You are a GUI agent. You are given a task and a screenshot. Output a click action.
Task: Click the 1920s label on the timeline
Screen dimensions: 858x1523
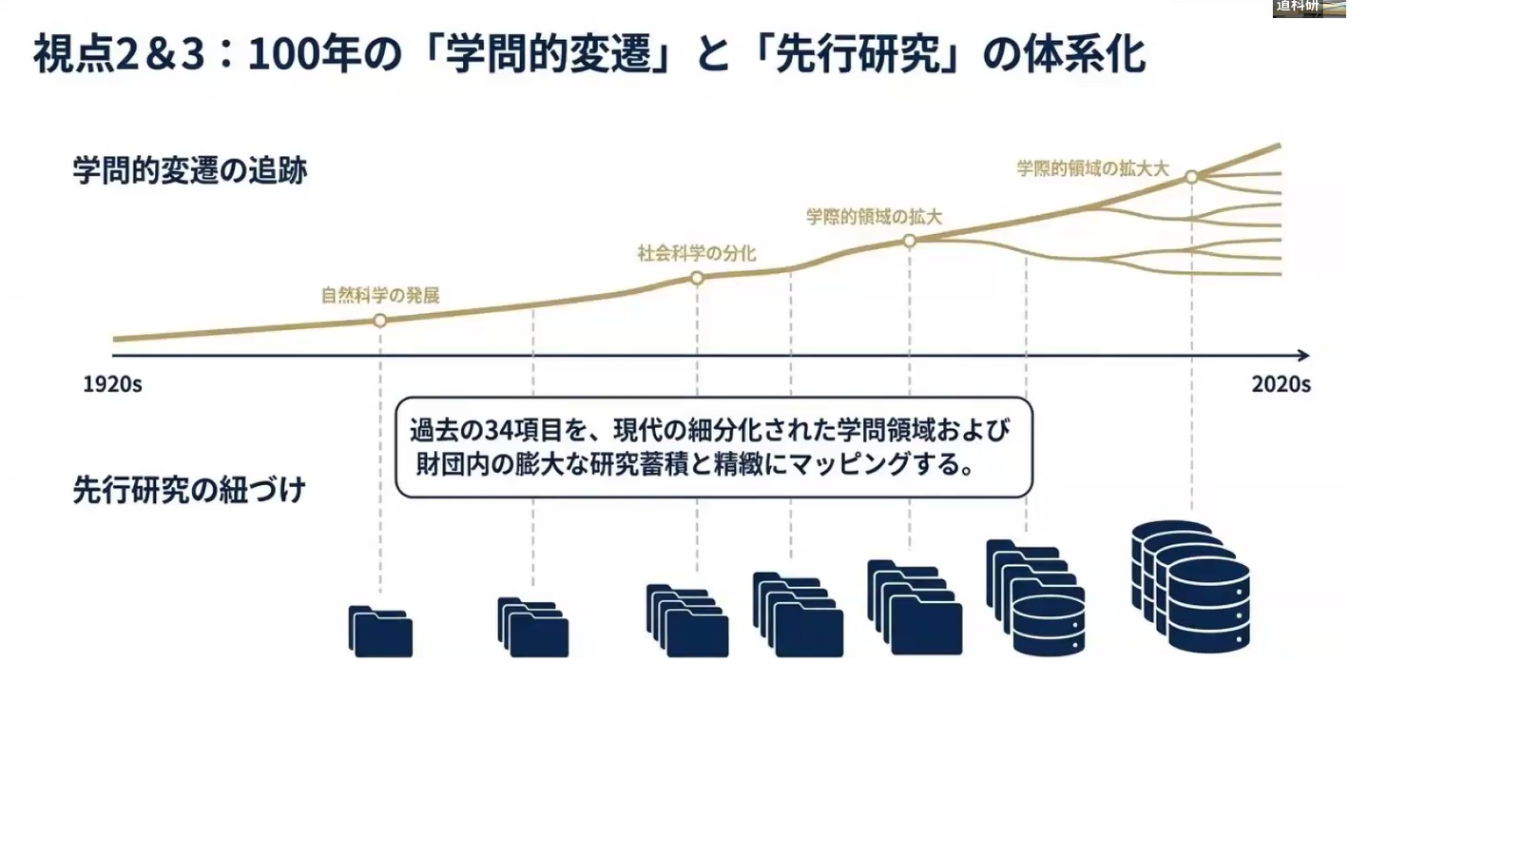pyautogui.click(x=112, y=383)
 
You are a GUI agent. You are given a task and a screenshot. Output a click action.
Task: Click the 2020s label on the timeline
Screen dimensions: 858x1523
pyautogui.click(x=1281, y=383)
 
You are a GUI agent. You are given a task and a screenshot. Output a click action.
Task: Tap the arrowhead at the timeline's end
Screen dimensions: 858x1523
pyautogui.click(x=1303, y=355)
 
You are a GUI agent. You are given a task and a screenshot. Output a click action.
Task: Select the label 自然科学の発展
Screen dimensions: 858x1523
pyautogui.click(x=380, y=295)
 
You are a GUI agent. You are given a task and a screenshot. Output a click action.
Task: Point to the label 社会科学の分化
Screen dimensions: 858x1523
pyautogui.click(x=697, y=253)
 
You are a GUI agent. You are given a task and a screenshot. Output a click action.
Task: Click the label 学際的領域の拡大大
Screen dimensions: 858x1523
pyautogui.click(x=1092, y=168)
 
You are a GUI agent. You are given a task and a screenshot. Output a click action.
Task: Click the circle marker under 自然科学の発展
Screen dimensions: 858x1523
pyautogui.click(x=380, y=321)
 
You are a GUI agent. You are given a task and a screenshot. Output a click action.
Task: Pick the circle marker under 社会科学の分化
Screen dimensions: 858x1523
pyautogui.click(x=697, y=278)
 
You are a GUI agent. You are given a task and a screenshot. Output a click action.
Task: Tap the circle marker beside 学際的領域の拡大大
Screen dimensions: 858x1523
pyautogui.click(x=1191, y=177)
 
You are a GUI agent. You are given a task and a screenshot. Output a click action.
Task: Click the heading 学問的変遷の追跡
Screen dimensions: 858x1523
pyautogui.click(x=190, y=171)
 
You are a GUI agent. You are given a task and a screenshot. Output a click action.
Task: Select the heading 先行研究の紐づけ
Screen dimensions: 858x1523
pyautogui.click(x=189, y=491)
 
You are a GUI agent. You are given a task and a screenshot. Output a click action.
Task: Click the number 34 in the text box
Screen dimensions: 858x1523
pyautogui.click(x=500, y=431)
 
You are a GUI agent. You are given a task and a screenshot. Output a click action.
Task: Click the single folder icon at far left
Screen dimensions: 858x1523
pyautogui.click(x=380, y=632)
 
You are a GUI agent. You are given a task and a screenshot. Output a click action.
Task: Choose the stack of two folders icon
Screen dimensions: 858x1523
pyautogui.click(x=532, y=628)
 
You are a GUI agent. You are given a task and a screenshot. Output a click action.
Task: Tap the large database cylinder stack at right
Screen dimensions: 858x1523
pyautogui.click(x=1191, y=586)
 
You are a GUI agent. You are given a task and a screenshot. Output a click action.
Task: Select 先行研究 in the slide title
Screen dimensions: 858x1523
pyautogui.click(x=858, y=54)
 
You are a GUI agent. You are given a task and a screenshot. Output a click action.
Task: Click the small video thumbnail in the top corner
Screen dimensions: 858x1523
pyautogui.click(x=1309, y=8)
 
